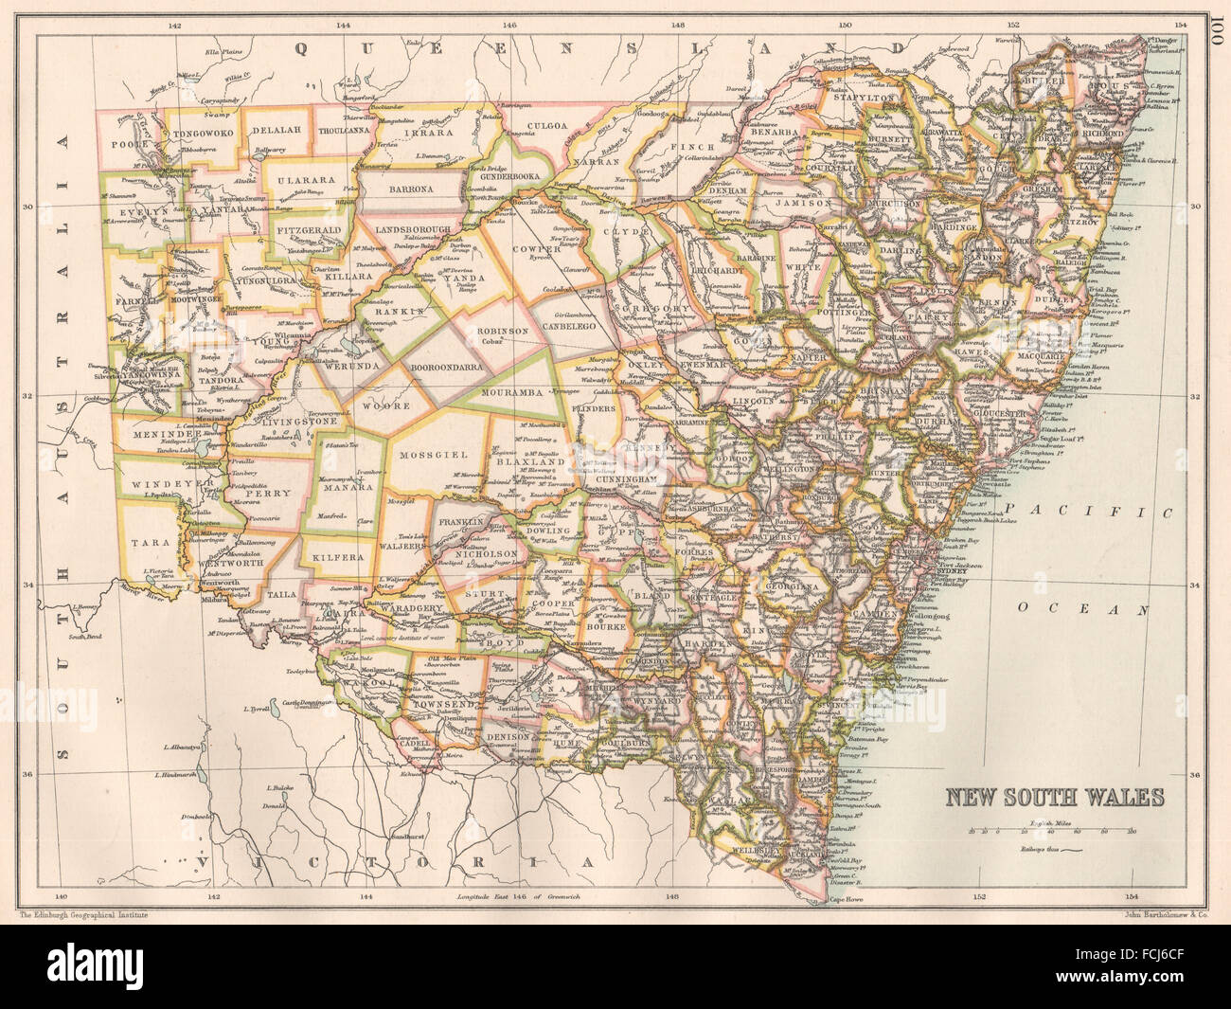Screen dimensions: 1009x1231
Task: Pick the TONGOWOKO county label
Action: pos(203,135)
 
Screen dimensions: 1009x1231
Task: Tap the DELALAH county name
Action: pos(275,131)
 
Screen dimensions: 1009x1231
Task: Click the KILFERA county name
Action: pos(335,559)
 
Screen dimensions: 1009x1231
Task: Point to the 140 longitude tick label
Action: pos(61,895)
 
